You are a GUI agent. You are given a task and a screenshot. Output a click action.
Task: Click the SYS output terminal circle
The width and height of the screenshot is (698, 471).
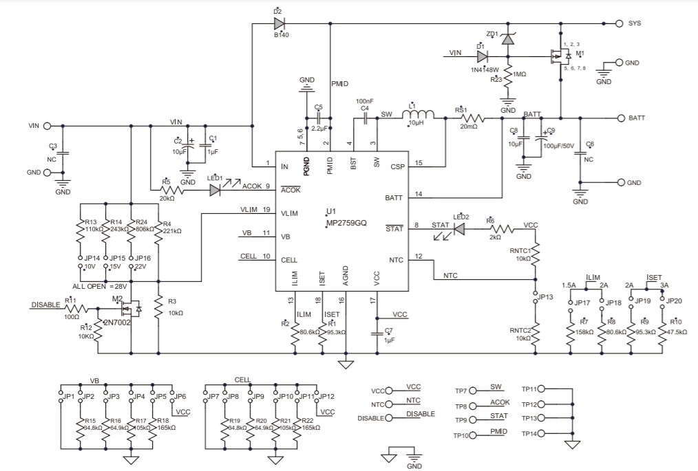coord(618,23)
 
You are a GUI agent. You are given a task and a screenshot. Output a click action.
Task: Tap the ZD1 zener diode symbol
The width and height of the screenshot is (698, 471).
coord(508,40)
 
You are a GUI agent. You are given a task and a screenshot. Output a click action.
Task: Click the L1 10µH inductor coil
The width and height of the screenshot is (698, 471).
coord(419,118)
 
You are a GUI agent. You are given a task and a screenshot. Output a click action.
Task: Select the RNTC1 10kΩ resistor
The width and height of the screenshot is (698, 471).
coord(536,256)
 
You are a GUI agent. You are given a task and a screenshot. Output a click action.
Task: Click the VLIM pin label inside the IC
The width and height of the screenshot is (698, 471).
coord(289,213)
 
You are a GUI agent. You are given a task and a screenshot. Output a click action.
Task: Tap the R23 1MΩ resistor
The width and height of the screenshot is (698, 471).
coord(508,78)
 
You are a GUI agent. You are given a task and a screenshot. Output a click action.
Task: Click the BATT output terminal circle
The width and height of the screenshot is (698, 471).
coord(618,118)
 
